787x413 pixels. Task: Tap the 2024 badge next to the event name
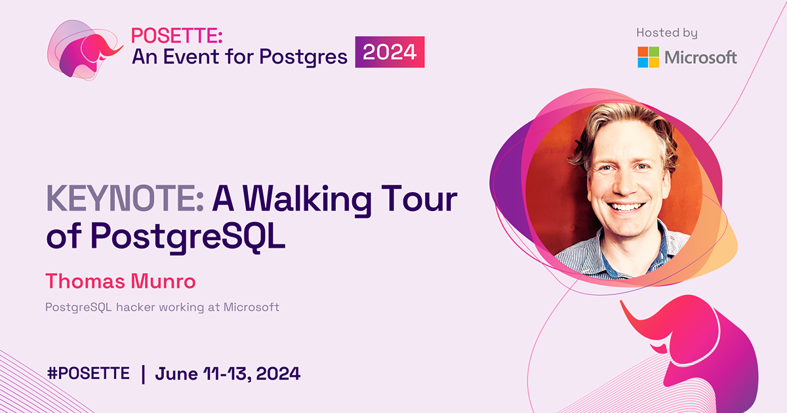pyautogui.click(x=390, y=52)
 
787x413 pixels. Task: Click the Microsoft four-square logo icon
pyautogui.click(x=648, y=57)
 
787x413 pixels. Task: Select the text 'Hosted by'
pyautogui.click(x=667, y=33)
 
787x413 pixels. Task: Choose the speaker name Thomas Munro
pyautogui.click(x=121, y=282)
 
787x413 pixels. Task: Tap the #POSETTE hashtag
pyautogui.click(x=89, y=374)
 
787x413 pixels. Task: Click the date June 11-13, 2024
pyautogui.click(x=228, y=374)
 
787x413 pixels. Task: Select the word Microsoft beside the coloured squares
pyautogui.click(x=700, y=57)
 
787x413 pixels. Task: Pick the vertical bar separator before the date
pyautogui.click(x=143, y=374)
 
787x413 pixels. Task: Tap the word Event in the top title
pyautogui.click(x=186, y=57)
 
